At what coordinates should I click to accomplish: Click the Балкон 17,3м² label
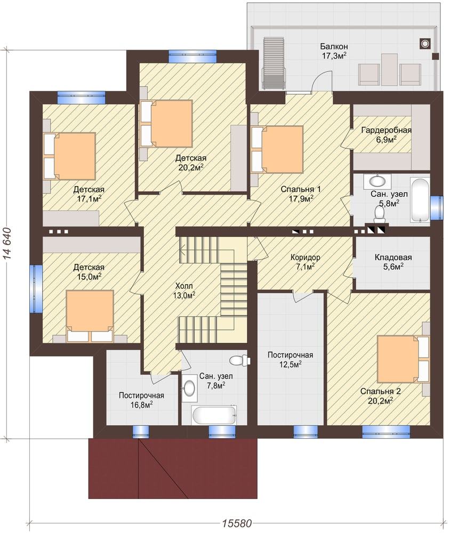pos(334,51)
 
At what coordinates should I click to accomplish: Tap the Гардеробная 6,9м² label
pos(386,134)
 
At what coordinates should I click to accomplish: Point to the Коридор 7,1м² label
pos(305,262)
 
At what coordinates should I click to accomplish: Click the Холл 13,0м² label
pos(184,290)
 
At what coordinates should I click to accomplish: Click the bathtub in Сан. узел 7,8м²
pos(214,414)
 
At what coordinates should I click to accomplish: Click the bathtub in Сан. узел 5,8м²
pos(420,200)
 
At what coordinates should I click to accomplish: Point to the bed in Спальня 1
pos(277,150)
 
